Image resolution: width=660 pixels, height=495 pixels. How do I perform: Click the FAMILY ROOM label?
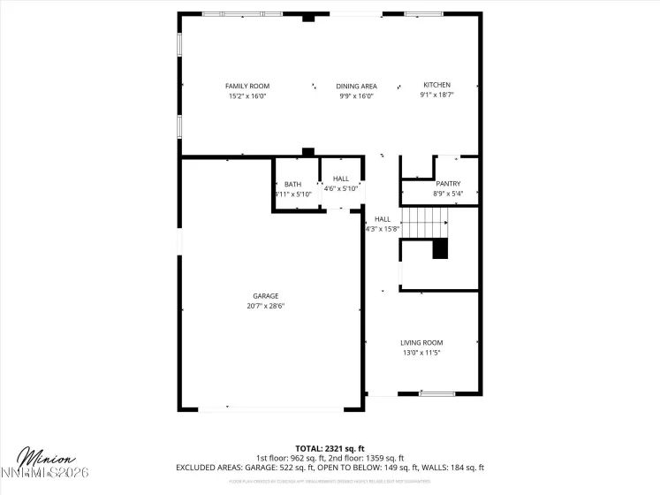pyautogui.click(x=247, y=86)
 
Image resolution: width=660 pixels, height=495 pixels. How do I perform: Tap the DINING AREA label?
pyautogui.click(x=356, y=86)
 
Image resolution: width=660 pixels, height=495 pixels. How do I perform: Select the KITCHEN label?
pyautogui.click(x=436, y=85)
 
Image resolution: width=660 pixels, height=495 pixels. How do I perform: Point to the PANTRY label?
pyautogui.click(x=448, y=184)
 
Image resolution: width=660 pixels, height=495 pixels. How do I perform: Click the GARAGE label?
pyautogui.click(x=265, y=296)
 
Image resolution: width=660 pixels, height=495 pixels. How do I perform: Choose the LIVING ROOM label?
pyautogui.click(x=421, y=342)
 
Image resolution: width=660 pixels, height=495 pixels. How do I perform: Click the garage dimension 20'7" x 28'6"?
pyautogui.click(x=265, y=306)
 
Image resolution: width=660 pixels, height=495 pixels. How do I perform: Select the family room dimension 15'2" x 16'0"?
pyautogui.click(x=247, y=95)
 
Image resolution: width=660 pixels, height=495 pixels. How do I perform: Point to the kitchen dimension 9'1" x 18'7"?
pyautogui.click(x=436, y=95)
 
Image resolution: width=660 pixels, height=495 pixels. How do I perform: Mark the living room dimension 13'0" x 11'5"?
pyautogui.click(x=421, y=352)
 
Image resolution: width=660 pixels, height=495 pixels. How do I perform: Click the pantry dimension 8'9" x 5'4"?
pyautogui.click(x=448, y=194)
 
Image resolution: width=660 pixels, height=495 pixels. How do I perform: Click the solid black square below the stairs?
pyautogui.click(x=440, y=249)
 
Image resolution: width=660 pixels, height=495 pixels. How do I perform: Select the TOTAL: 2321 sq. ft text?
pyautogui.click(x=329, y=449)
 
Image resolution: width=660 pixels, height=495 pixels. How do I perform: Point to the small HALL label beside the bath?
pyautogui.click(x=340, y=179)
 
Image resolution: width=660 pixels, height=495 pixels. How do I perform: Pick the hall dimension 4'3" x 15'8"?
pyautogui.click(x=383, y=228)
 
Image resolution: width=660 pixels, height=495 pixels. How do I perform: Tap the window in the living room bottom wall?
pyautogui.click(x=437, y=394)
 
